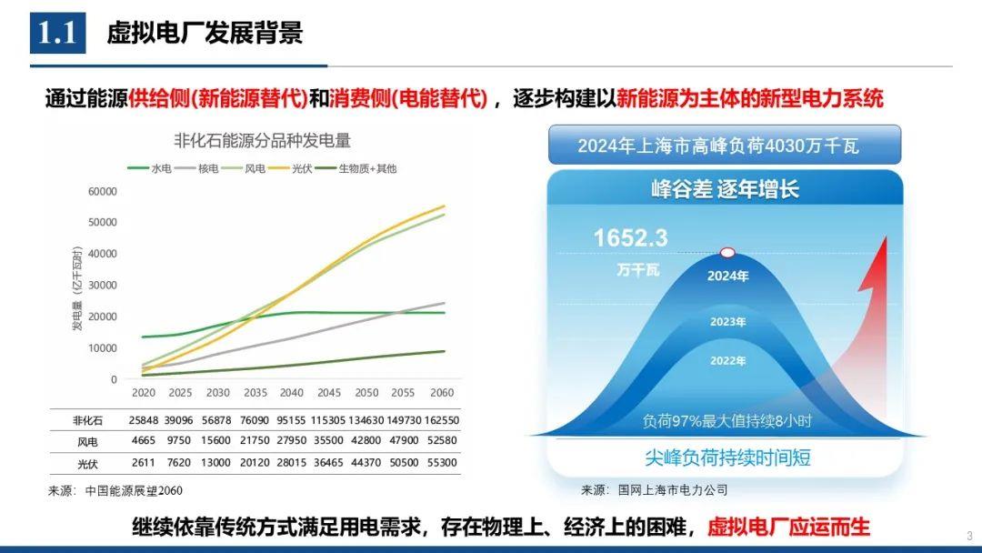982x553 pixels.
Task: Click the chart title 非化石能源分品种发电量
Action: click(x=263, y=141)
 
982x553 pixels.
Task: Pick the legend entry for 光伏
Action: click(x=301, y=168)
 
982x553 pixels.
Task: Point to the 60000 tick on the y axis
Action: click(x=102, y=191)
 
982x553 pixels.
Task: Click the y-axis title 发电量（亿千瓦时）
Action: click(x=79, y=287)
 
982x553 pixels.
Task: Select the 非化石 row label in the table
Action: click(x=88, y=420)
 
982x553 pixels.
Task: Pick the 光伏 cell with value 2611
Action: click(x=144, y=462)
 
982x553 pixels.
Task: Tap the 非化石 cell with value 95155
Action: click(x=292, y=420)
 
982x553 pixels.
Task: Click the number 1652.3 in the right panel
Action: click(x=630, y=238)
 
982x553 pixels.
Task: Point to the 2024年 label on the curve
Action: click(x=727, y=276)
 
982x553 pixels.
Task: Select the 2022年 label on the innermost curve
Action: click(x=727, y=361)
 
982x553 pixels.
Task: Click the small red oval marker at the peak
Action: click(x=727, y=253)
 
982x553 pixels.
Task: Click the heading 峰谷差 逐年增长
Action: click(x=725, y=190)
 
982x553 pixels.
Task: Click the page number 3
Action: click(x=969, y=535)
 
